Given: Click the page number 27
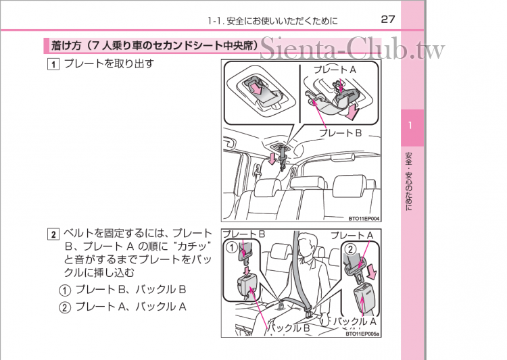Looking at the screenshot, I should (x=387, y=19).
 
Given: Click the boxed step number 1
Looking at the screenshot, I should (x=52, y=66).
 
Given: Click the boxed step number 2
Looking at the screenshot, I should (x=52, y=235).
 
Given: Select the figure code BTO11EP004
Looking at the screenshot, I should (x=364, y=219).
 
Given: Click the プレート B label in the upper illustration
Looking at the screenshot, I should (x=341, y=133).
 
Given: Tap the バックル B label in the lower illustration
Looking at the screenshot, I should (x=289, y=328).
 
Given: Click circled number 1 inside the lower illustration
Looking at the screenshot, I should (x=232, y=247).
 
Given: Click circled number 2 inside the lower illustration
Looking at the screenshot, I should (x=350, y=249).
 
